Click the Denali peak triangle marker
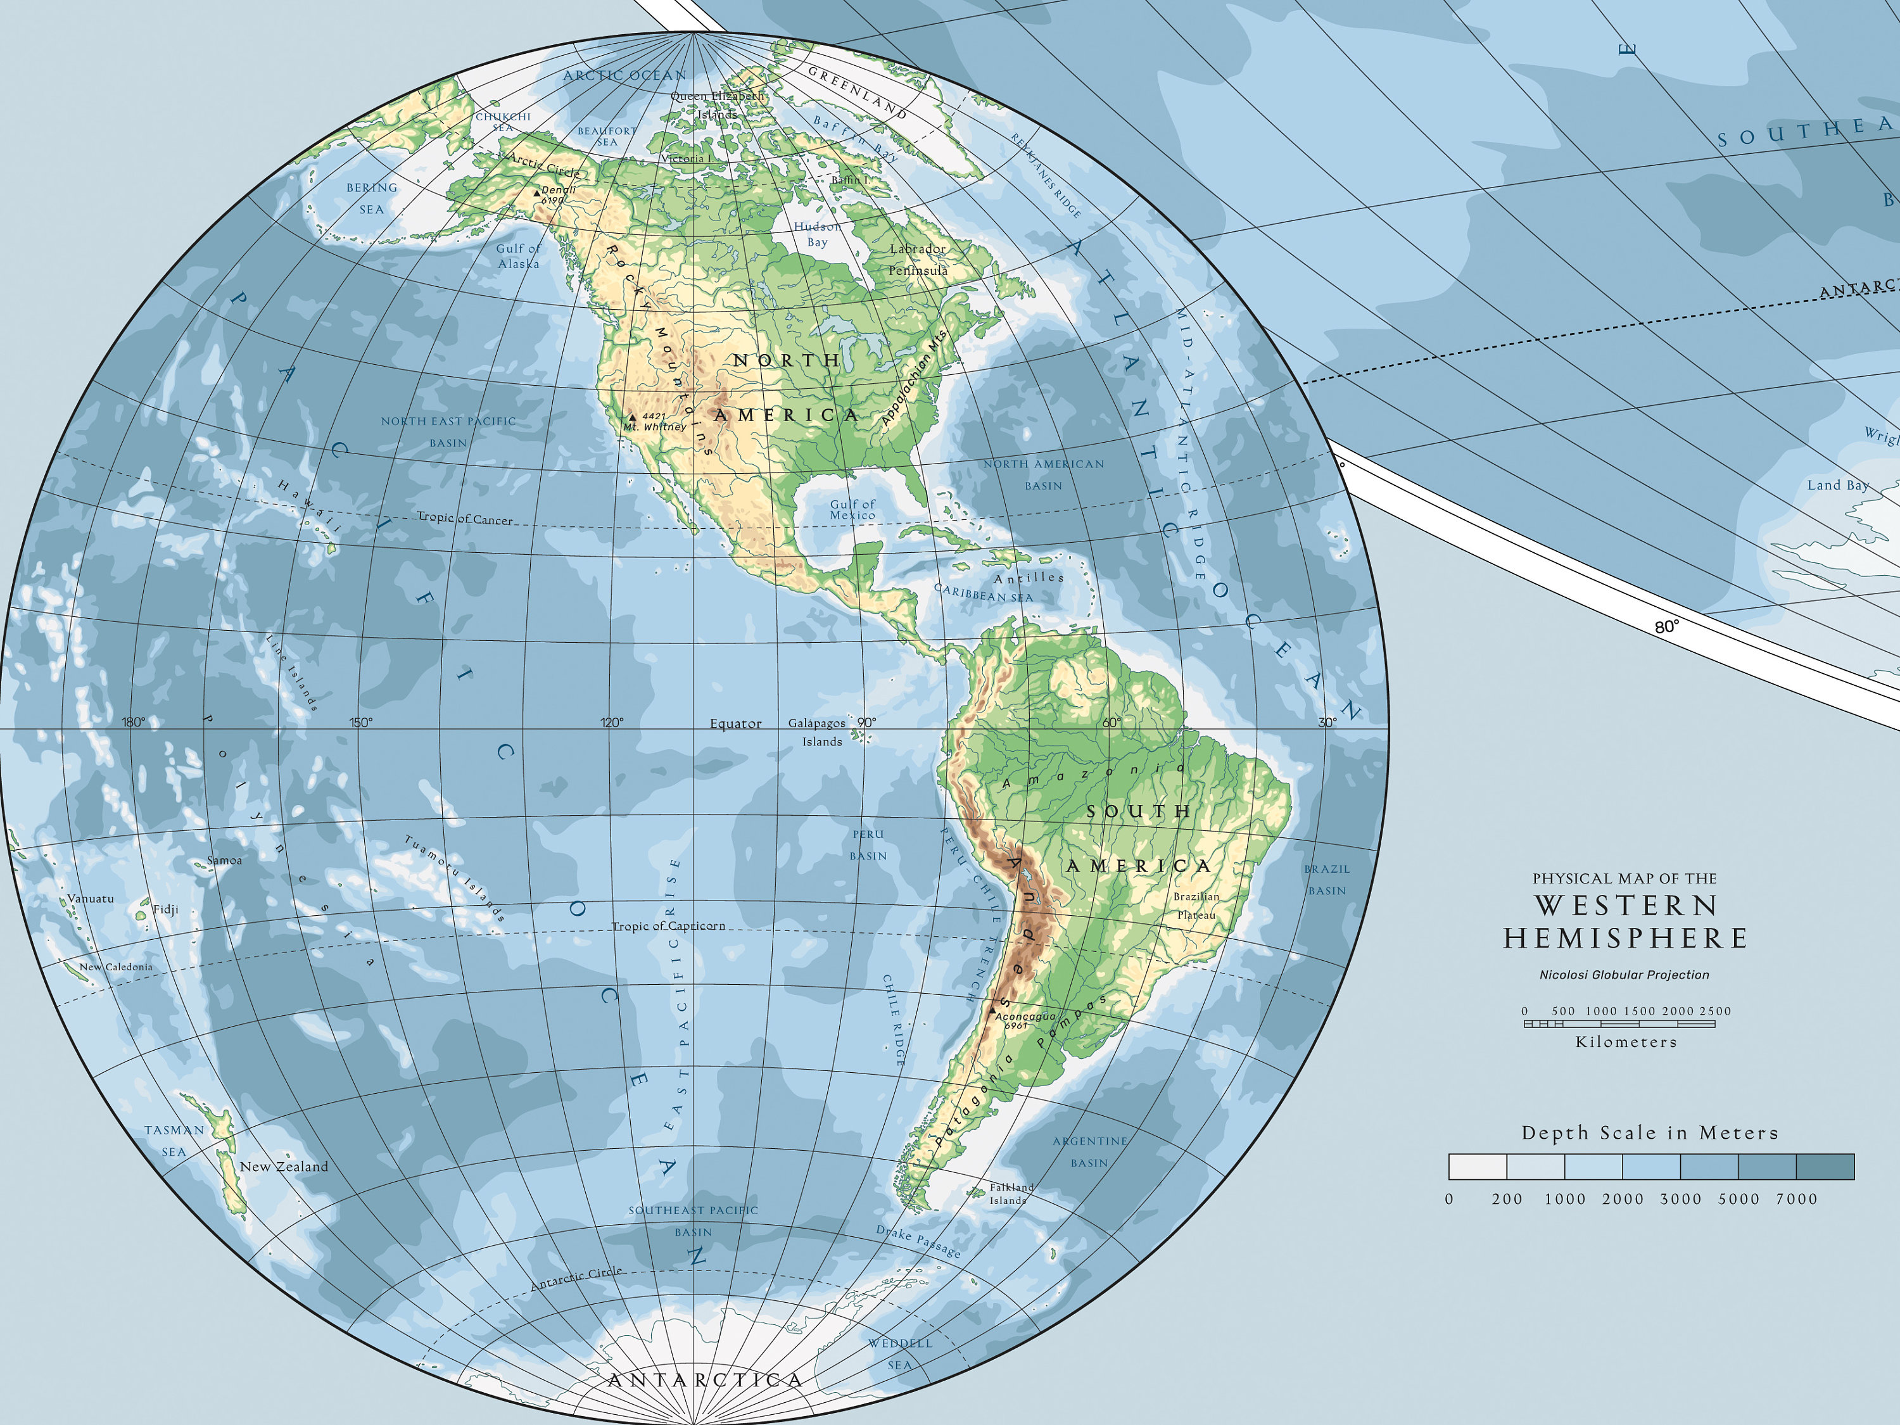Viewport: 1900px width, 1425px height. tap(537, 193)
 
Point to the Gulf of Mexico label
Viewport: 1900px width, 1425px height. tap(852, 509)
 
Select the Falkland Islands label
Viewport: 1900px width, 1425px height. tap(1010, 1194)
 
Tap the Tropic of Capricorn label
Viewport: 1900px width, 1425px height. tap(668, 926)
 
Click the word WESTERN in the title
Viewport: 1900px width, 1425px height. tap(1626, 905)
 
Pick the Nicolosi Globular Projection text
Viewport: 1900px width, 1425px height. tap(1623, 975)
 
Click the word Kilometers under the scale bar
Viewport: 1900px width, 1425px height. tap(1625, 1042)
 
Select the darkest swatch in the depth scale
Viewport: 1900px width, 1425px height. tap(1825, 1167)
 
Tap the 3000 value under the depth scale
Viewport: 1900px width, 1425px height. tap(1680, 1199)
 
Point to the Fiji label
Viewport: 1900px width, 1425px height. tap(166, 909)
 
